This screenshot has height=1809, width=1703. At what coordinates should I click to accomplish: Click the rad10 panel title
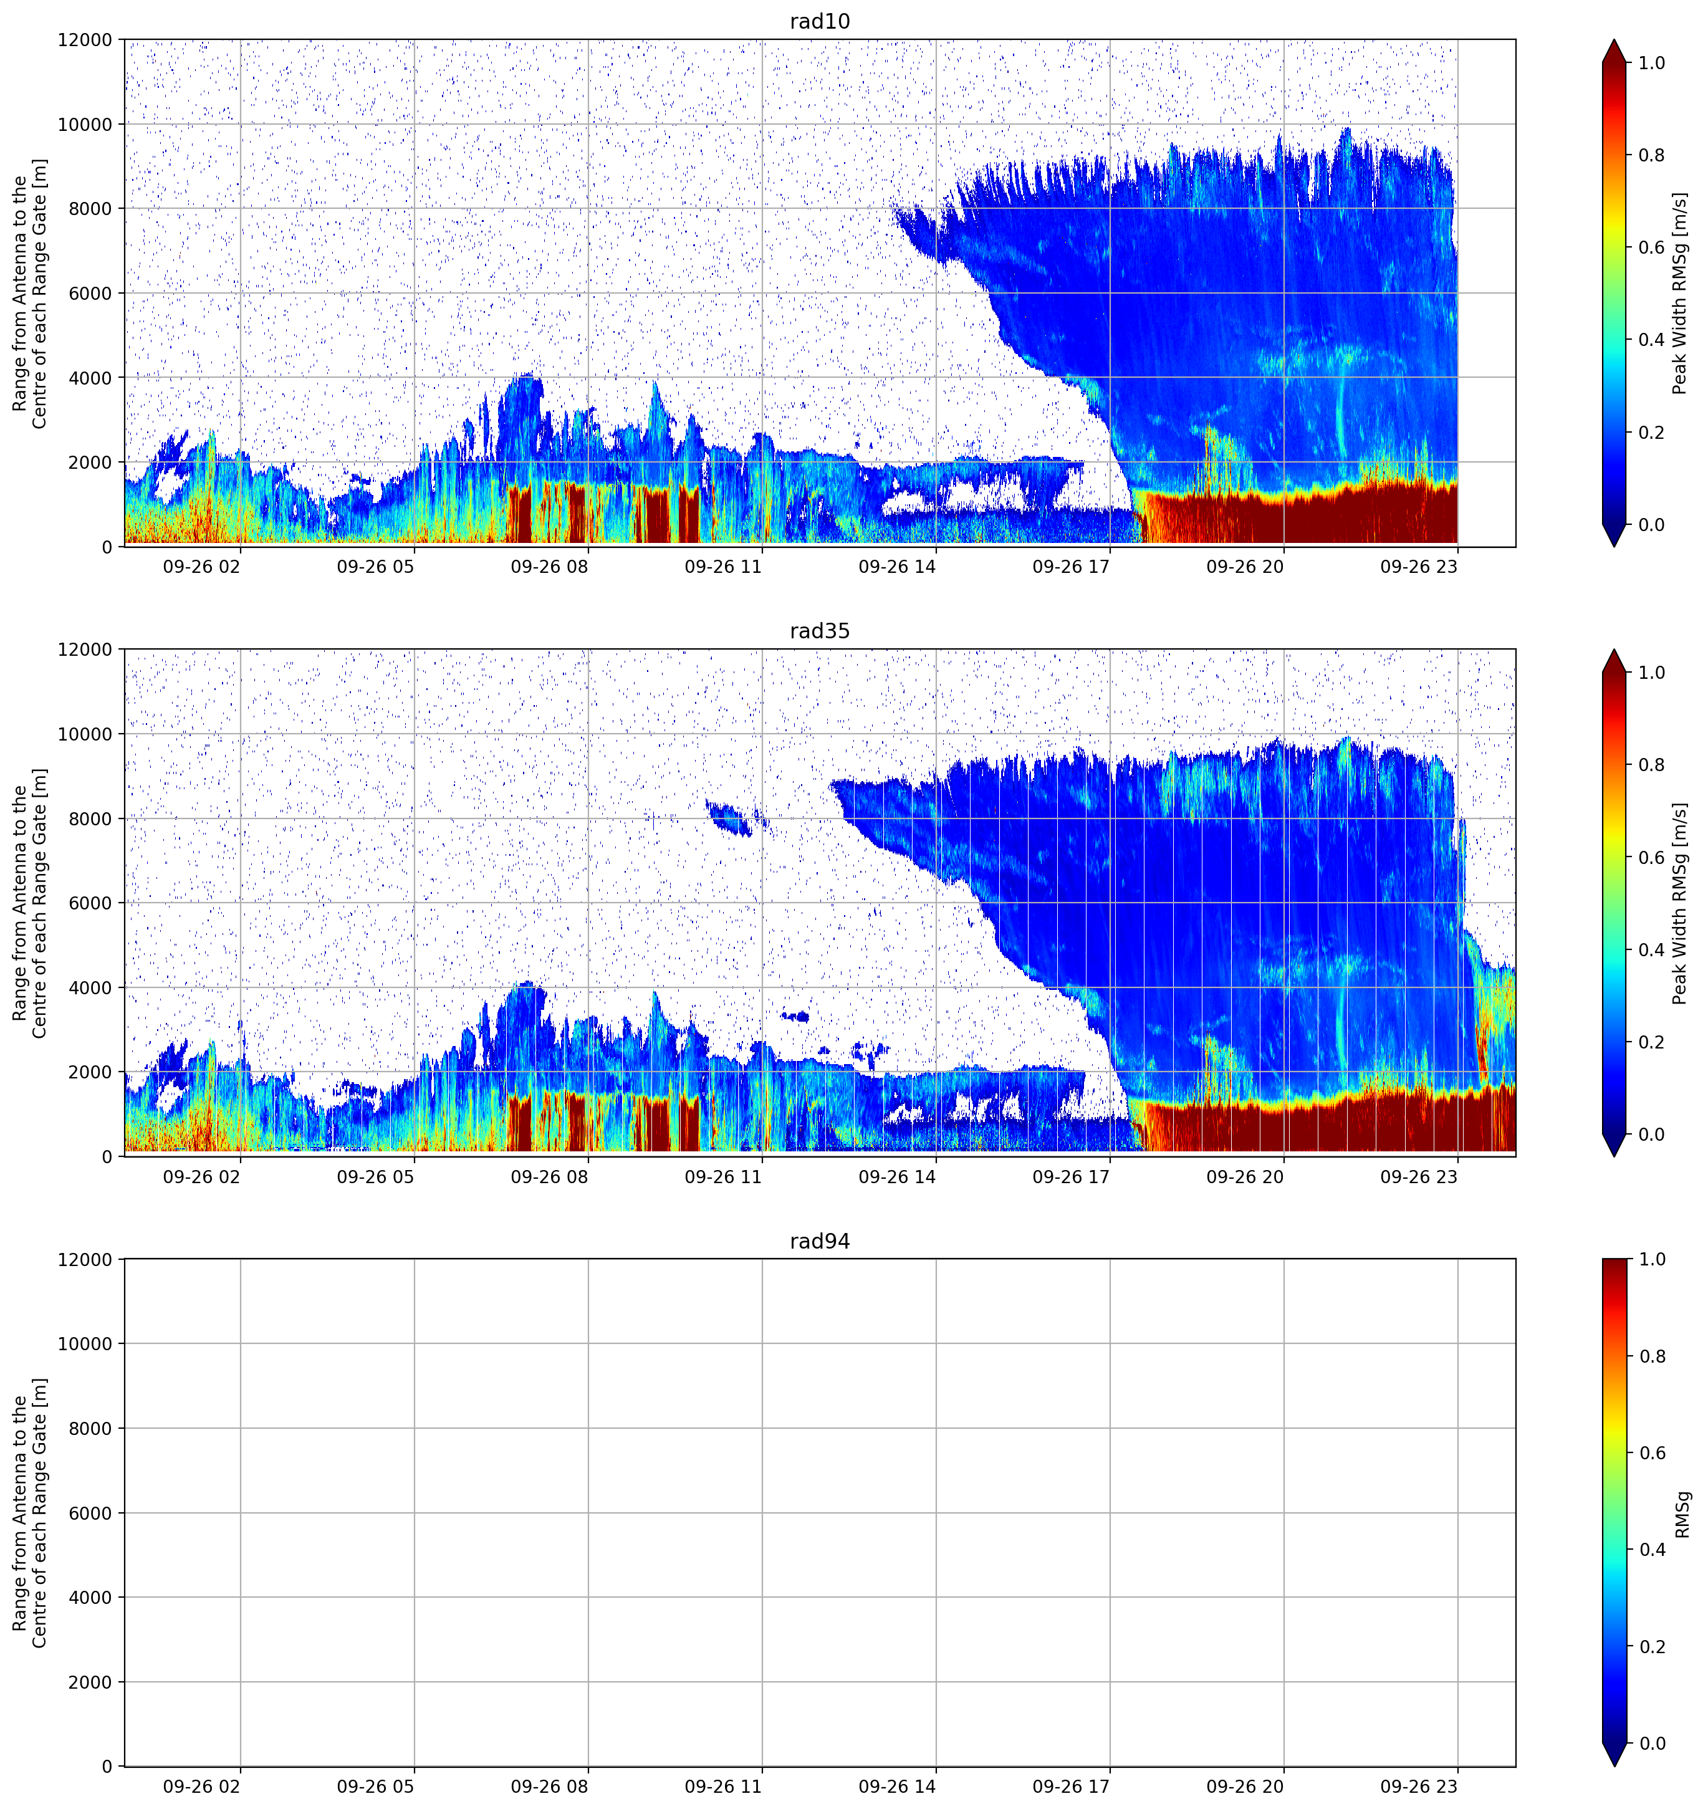(820, 21)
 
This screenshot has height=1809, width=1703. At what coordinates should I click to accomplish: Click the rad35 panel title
(820, 631)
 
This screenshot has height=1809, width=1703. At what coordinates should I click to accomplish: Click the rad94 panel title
(820, 1241)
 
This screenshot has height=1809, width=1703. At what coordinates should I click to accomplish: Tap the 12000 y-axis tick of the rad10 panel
(85, 40)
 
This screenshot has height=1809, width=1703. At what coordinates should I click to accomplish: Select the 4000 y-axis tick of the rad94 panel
(91, 1598)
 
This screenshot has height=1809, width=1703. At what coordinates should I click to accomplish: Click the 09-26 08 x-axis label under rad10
(549, 567)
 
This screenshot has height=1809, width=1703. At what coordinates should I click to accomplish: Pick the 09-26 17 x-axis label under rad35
(1071, 1176)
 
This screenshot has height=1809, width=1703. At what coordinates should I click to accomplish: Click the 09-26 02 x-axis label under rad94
(202, 1787)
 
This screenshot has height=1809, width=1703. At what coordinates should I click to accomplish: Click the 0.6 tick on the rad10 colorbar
(1651, 247)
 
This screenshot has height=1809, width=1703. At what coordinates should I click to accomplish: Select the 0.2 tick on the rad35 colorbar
(1651, 1042)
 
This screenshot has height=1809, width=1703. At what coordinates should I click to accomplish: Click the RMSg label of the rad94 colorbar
(1682, 1514)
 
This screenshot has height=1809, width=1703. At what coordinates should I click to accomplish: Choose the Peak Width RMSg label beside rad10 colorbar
(1679, 293)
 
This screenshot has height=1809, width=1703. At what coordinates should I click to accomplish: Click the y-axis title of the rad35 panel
(30, 903)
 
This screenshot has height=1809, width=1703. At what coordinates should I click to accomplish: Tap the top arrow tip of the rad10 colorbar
(1614, 40)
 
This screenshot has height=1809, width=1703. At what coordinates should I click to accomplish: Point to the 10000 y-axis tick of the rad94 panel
(85, 1344)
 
